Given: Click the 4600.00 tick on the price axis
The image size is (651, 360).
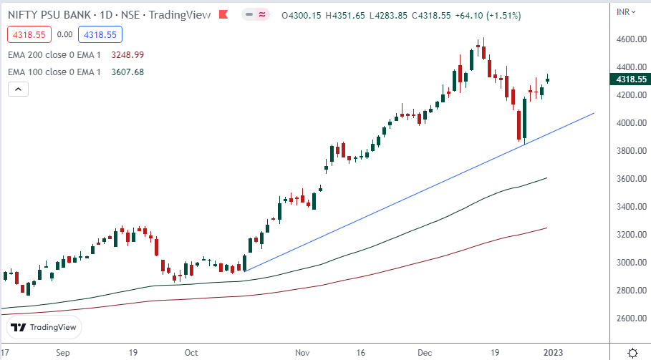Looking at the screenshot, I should pos(630,39).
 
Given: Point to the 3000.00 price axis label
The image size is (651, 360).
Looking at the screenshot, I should pos(630,263).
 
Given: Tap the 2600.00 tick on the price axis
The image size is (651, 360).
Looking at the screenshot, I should pos(630,318).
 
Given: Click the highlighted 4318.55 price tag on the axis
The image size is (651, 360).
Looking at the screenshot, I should pos(630,79).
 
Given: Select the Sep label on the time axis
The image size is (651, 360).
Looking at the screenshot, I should pos(63,353).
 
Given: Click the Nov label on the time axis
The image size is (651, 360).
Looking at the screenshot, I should pos(302,353).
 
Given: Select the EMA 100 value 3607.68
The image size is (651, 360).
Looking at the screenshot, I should pos(128,72).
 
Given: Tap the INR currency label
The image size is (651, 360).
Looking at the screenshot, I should pos(625,11).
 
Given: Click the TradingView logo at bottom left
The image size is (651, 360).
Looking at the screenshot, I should pos(44,328).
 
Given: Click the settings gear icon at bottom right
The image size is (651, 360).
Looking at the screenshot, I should pos(632,353).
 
